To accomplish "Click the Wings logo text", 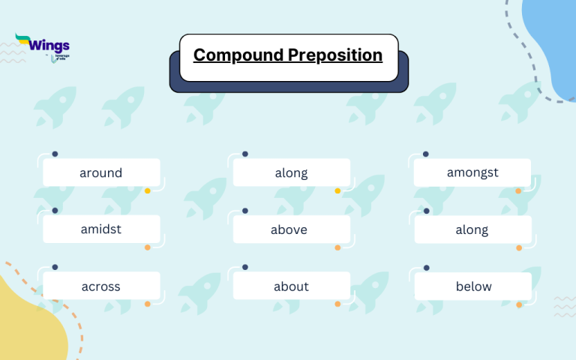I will click(x=49, y=44).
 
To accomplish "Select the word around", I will click(x=101, y=173).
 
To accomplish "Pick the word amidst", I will click(x=101, y=229).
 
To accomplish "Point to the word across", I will click(x=101, y=286).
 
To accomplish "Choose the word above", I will click(x=289, y=229).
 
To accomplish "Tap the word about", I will click(x=291, y=286).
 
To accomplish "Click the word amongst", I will click(x=472, y=172).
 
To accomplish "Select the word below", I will click(x=473, y=286).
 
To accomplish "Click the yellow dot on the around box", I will click(x=148, y=191).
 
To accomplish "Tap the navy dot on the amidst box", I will click(x=55, y=211).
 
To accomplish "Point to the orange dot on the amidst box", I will click(x=148, y=247).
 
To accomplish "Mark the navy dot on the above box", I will click(x=244, y=211).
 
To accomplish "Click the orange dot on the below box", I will click(x=519, y=304).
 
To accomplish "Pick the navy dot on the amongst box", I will click(x=426, y=154).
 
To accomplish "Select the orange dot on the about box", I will click(x=337, y=304).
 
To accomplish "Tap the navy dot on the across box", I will click(x=55, y=267).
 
